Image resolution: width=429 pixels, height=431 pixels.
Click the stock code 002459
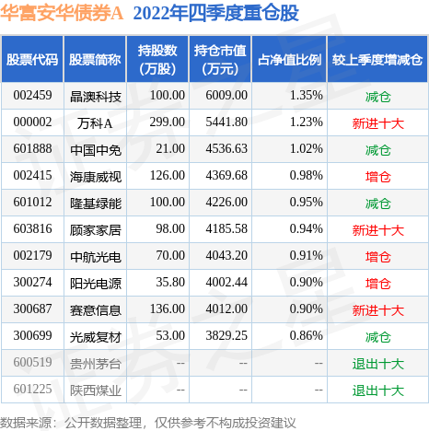[x=33, y=95]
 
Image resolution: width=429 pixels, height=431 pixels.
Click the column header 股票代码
[x=33, y=60]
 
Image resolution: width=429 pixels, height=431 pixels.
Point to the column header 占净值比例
[x=288, y=60]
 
